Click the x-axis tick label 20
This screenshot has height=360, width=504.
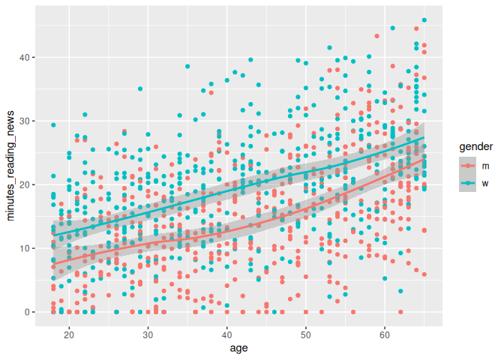point(69,334)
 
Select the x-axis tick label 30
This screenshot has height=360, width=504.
point(148,334)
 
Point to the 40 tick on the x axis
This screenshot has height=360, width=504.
point(226,334)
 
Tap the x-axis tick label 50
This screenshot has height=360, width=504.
point(305,334)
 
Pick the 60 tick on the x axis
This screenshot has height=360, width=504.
point(385,334)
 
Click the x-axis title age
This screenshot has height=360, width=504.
point(238,348)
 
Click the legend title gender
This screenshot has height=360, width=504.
point(476,146)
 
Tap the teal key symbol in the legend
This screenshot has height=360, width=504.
point(469,182)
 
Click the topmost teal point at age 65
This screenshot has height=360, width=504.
point(424,20)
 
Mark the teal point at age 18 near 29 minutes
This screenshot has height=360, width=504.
point(53,125)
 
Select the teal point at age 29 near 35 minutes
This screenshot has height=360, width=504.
point(140,89)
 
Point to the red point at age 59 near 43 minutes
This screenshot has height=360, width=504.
point(376,36)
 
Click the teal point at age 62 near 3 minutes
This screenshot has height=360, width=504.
point(400,291)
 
